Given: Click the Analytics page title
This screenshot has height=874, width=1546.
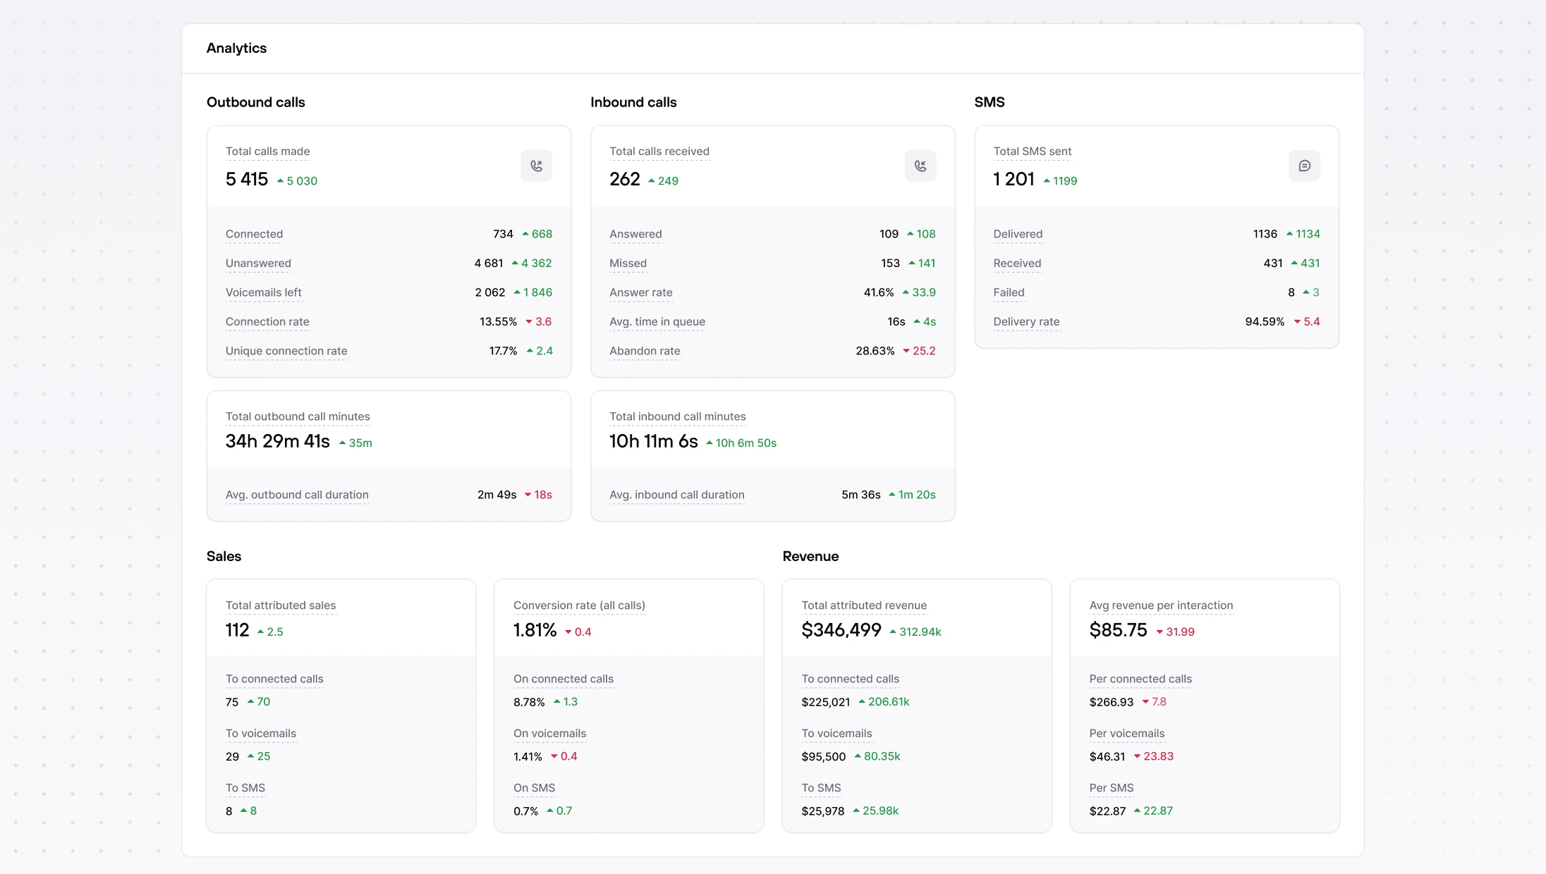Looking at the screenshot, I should tap(236, 48).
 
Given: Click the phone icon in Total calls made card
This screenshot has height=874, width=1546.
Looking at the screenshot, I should tap(536, 166).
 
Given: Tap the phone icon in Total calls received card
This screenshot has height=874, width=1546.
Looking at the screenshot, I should tap(920, 166).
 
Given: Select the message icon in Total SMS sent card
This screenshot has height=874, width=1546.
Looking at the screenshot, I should tap(1304, 166).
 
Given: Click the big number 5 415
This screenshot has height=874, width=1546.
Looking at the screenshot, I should tap(247, 179).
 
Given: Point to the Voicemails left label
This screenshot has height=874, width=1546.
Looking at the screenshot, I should tap(263, 293).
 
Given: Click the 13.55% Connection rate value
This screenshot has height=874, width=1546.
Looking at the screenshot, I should tap(498, 321).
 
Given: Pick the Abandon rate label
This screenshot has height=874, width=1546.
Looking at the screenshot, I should tap(645, 351).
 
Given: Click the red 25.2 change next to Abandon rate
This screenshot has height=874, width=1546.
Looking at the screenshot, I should tap(923, 351).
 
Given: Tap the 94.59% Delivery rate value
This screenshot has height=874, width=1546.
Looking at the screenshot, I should tap(1265, 321).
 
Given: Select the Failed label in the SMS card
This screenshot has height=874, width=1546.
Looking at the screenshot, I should tap(1009, 293).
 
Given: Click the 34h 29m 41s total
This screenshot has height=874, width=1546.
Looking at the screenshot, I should tap(278, 441).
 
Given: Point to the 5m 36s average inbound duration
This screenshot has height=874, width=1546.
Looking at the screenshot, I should tap(860, 495).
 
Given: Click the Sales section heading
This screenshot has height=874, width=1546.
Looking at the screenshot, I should tap(224, 556).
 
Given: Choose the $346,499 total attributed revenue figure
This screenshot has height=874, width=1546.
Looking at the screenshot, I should tap(841, 630).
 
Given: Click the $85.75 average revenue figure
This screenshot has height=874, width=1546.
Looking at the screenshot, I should tap(1118, 630).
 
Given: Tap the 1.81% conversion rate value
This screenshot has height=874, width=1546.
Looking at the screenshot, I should tap(535, 630).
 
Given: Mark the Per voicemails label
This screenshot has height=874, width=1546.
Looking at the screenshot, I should tap(1126, 734).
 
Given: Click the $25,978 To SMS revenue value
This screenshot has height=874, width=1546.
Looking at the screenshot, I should tap(822, 811).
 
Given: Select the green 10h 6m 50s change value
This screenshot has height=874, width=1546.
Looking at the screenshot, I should tap(745, 443).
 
